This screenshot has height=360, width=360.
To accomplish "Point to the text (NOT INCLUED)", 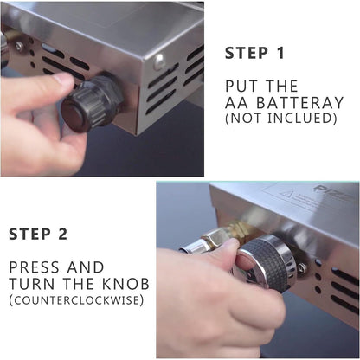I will click(280, 118).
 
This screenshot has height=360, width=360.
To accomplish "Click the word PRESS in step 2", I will click(35, 267).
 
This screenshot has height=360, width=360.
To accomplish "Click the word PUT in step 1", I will click(240, 87).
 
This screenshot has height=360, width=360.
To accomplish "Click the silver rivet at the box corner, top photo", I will click(158, 61).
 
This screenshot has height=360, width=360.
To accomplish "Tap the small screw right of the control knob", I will click(302, 268).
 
